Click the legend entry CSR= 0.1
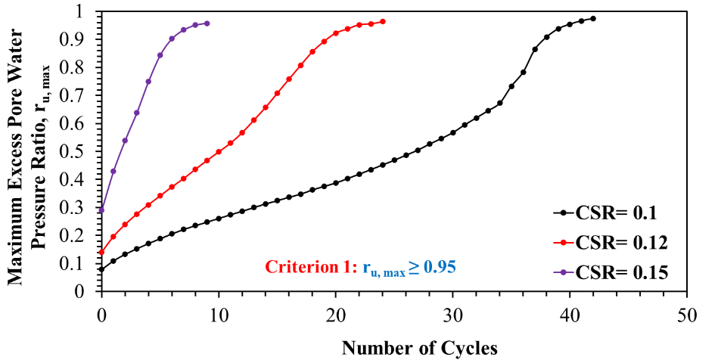(x=613, y=214)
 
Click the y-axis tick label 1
(x=87, y=12)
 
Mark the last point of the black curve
(x=593, y=18)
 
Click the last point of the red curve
(x=383, y=21)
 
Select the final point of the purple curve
(x=207, y=23)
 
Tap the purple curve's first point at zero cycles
(x=101, y=209)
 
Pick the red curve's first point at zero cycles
(x=101, y=252)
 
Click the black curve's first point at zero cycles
(x=101, y=268)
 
